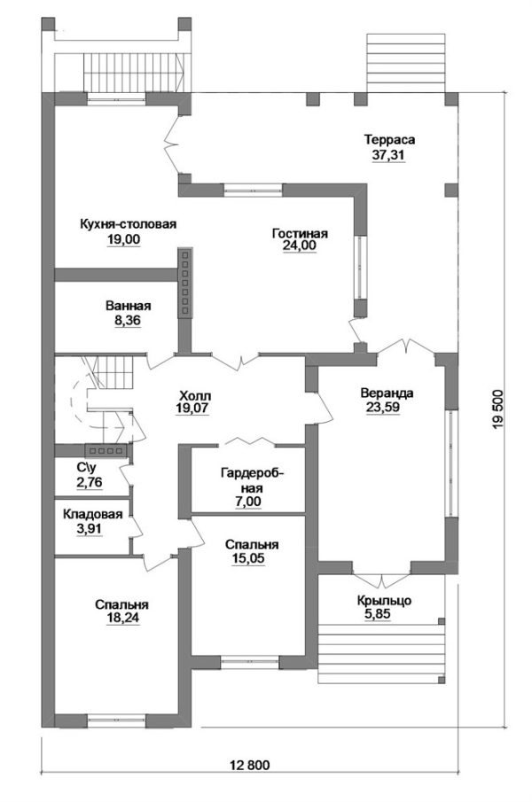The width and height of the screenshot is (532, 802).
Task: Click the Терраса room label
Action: click(389, 140)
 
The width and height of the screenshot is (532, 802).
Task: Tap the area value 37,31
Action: click(388, 155)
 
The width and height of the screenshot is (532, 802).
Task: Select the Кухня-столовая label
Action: click(128, 224)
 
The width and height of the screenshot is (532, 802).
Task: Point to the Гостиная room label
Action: click(300, 234)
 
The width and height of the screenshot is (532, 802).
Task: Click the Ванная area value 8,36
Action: click(128, 321)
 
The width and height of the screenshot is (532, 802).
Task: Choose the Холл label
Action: click(195, 396)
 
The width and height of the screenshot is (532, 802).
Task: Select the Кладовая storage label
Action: click(92, 515)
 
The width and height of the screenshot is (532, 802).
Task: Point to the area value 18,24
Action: click(121, 618)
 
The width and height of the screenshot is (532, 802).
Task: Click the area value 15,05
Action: click(252, 558)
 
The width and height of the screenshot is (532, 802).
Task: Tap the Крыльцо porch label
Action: click(384, 602)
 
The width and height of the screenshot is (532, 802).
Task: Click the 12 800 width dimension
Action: click(250, 765)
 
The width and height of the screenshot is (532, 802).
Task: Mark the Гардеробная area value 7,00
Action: click(248, 502)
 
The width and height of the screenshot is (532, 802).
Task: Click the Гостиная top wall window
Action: click(254, 191)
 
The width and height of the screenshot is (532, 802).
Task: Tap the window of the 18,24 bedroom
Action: click(117, 721)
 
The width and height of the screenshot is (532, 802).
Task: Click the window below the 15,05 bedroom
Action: click(250, 662)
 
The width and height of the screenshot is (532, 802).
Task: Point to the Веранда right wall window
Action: click(450, 463)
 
